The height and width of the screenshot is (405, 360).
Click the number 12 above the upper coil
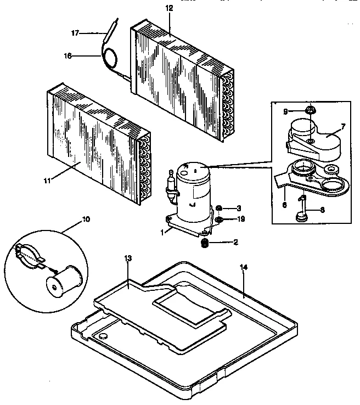tap(168, 8)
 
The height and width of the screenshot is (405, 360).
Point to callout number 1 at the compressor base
tap(163, 231)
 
